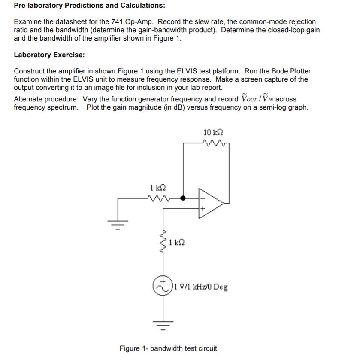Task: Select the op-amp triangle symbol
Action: click(x=212, y=201)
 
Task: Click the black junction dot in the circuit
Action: click(x=183, y=198)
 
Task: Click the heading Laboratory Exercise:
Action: click(x=49, y=55)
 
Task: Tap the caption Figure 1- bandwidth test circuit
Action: click(x=168, y=348)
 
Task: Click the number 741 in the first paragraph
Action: click(x=113, y=21)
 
